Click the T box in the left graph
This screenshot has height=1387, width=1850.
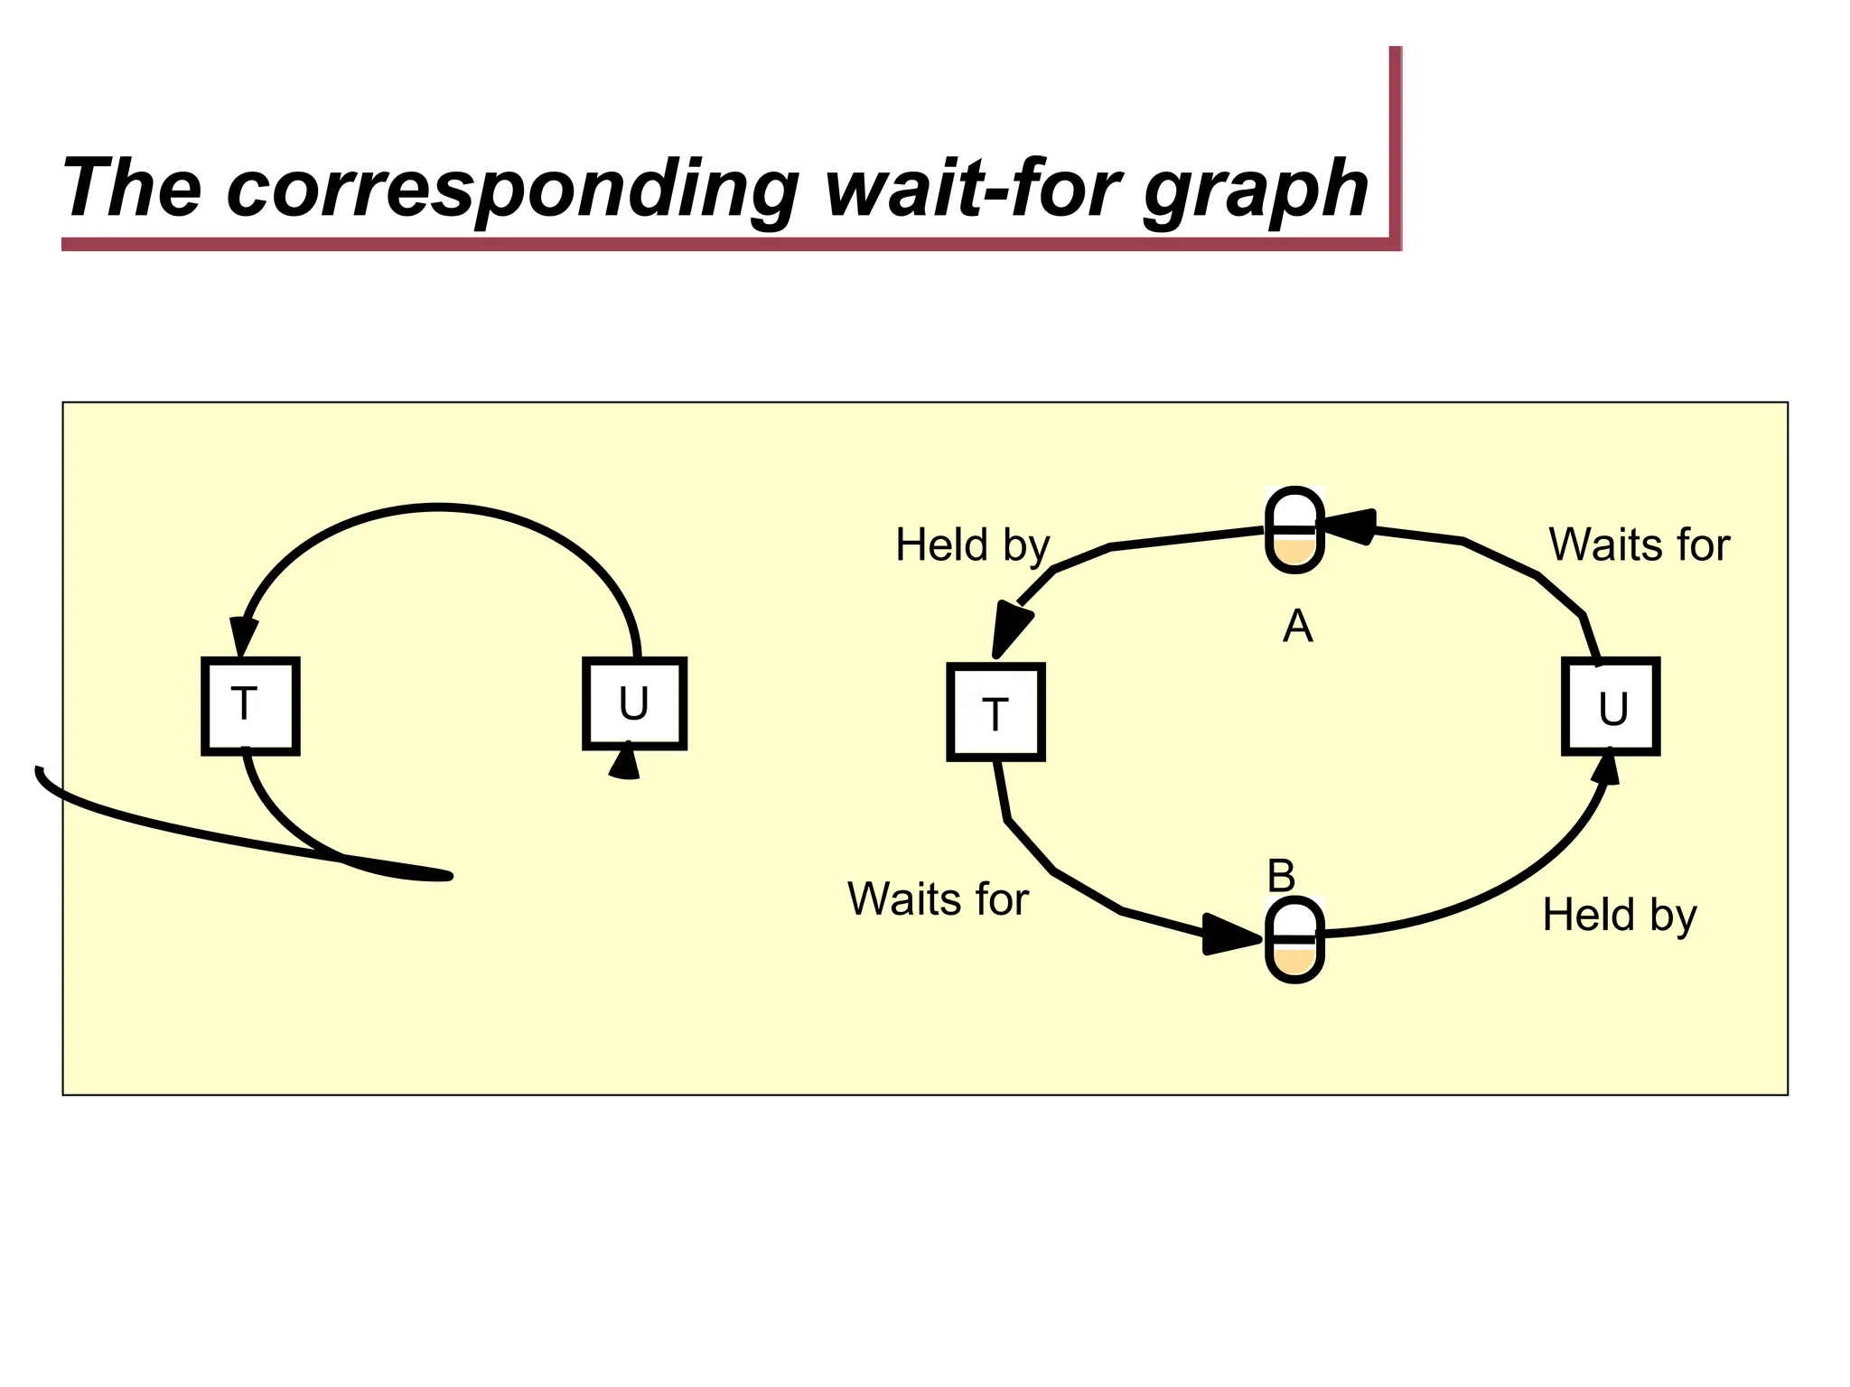[x=250, y=706]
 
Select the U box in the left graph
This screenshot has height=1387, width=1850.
[x=634, y=704]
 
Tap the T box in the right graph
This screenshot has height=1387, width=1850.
[x=995, y=712]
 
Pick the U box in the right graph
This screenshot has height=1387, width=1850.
[x=1611, y=706]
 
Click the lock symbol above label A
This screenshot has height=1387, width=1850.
[x=1294, y=530]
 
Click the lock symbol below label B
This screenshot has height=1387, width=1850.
[x=1294, y=940]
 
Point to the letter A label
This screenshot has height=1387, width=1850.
[x=1297, y=626]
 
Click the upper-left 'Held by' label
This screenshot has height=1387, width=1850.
[x=972, y=545]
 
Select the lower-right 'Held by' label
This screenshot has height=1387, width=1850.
[x=1619, y=915]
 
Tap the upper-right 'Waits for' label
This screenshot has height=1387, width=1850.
[x=1639, y=545]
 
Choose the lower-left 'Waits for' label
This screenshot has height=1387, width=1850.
[x=938, y=899]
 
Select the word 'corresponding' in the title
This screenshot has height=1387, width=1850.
[x=512, y=190]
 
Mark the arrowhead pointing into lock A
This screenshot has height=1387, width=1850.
[x=1351, y=526]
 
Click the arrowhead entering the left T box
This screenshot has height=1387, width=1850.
[x=242, y=637]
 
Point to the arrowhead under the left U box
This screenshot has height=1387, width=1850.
[x=625, y=764]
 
